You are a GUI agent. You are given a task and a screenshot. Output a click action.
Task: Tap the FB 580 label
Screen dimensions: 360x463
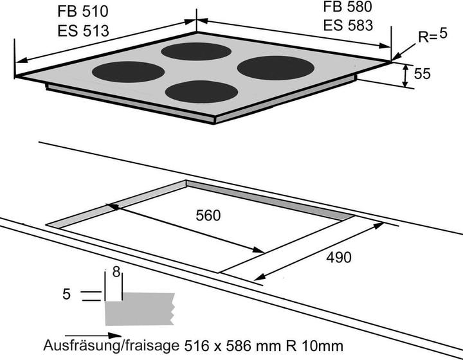(x=348, y=8)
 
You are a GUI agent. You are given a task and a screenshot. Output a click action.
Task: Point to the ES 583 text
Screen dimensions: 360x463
(x=348, y=26)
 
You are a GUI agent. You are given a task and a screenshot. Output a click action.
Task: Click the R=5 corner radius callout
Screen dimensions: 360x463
(x=432, y=37)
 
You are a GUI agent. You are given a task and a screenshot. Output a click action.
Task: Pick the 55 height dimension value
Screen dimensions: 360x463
(x=422, y=75)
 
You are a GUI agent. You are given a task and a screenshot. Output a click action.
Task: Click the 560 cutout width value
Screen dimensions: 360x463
(x=207, y=216)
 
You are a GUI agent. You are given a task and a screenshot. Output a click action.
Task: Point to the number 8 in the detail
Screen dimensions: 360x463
(x=116, y=273)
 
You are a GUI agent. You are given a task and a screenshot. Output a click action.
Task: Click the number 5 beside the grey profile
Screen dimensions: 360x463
(x=66, y=294)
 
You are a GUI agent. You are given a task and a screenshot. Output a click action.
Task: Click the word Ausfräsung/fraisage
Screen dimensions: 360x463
(x=113, y=345)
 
